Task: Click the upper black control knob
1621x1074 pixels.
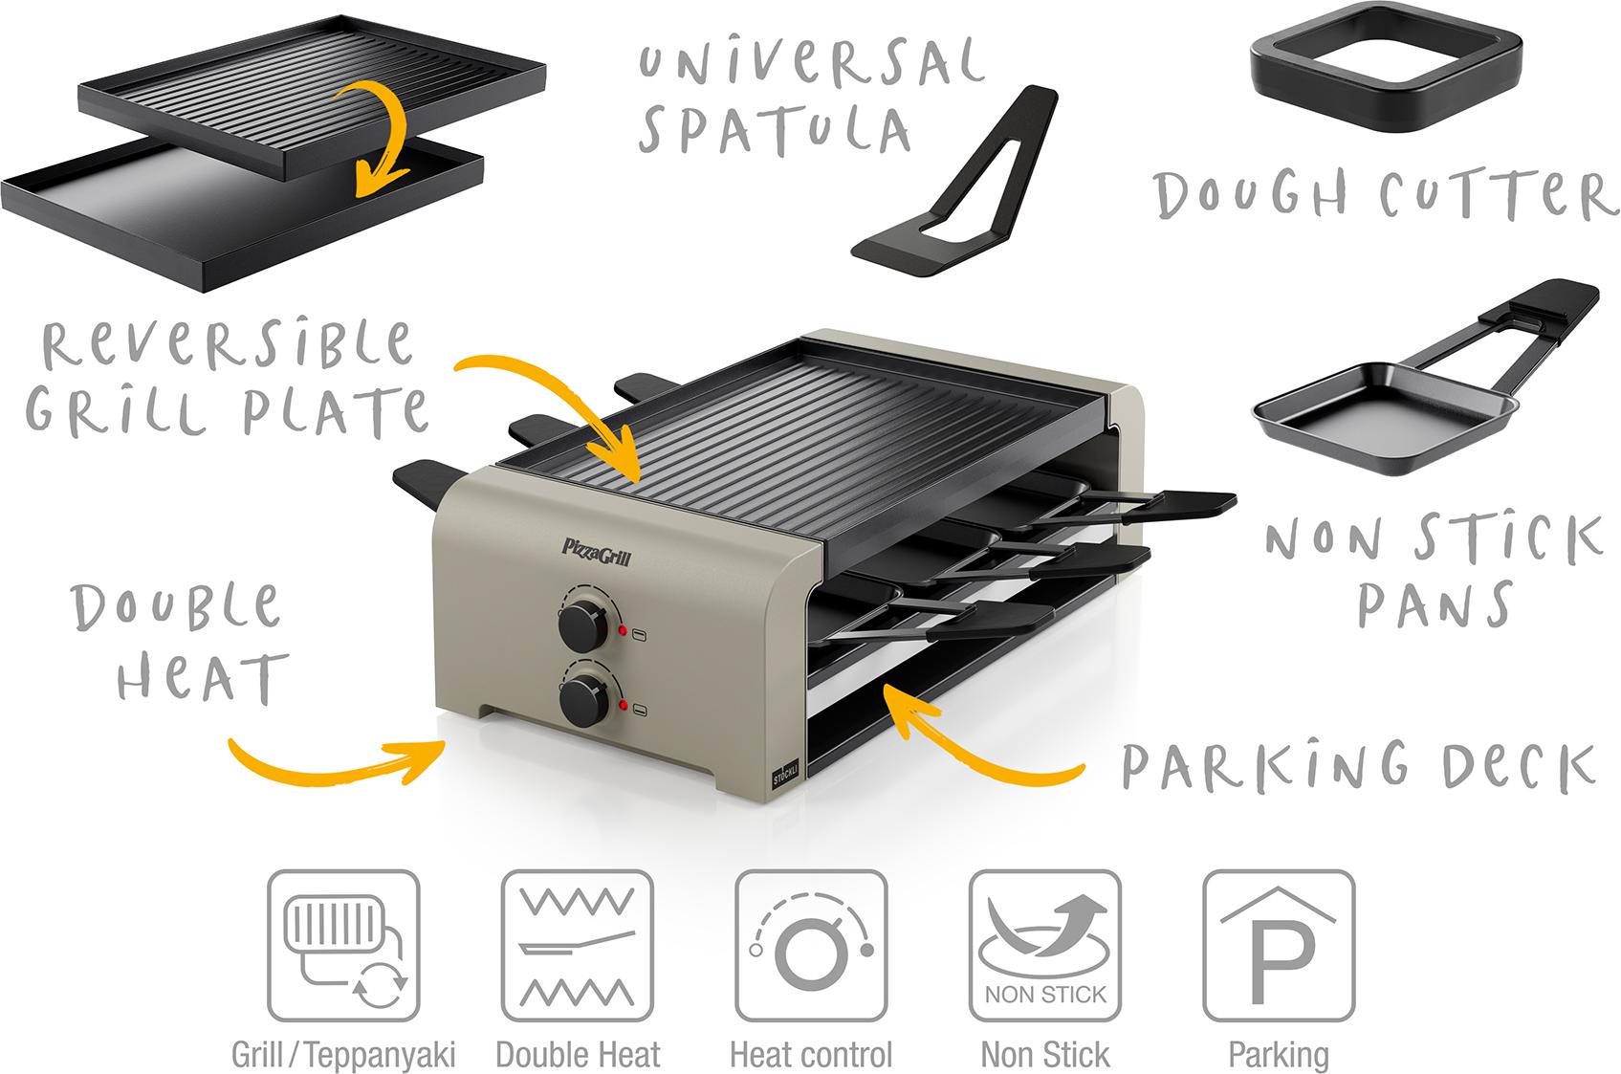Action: tap(581, 622)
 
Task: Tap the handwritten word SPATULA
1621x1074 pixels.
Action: tap(774, 132)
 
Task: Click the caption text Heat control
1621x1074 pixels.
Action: tap(811, 1055)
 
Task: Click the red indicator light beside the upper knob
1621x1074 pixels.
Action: tap(622, 631)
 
